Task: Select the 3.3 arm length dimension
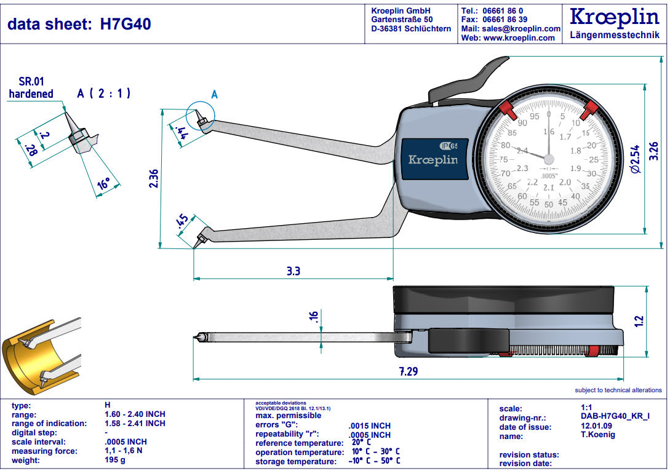293,271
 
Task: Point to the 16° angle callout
103,183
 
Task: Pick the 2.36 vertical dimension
154,178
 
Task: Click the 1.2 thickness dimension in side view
639,320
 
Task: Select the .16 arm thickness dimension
313,317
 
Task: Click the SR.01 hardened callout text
31,88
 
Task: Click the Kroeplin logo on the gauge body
433,160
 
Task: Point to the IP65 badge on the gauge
449,146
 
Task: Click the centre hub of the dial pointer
548,159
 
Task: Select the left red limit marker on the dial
508,111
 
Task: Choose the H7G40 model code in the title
126,24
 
